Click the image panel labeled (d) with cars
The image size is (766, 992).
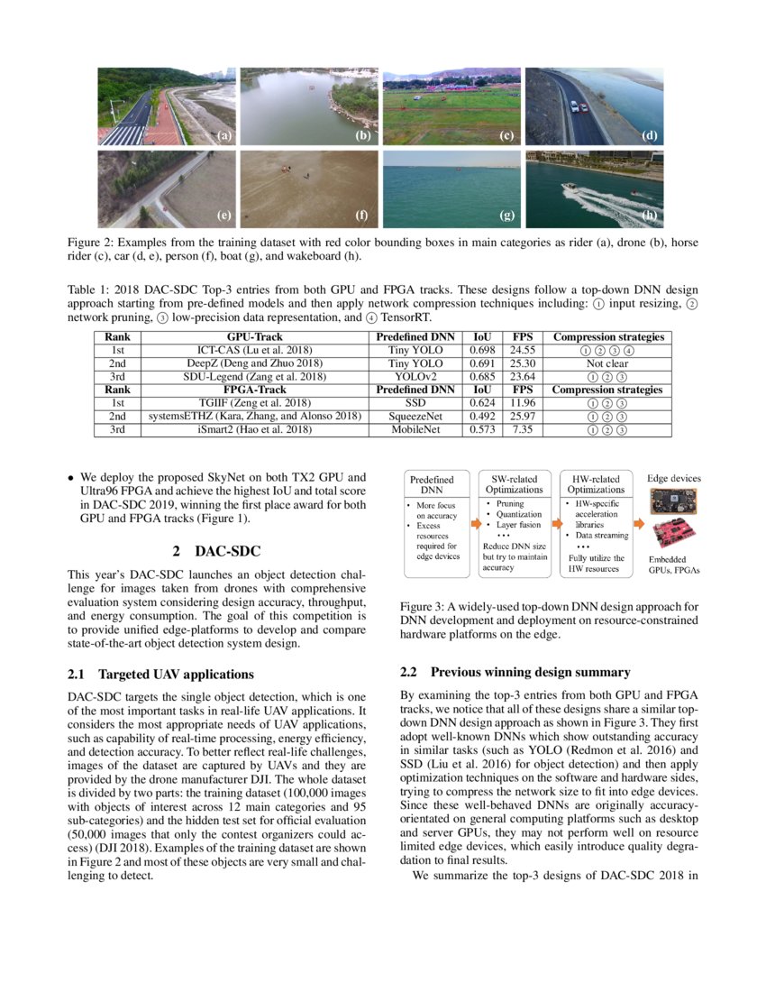pyautogui.click(x=595, y=106)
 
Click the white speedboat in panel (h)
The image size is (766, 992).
pyautogui.click(x=572, y=189)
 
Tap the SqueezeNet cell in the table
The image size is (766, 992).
pyautogui.click(x=415, y=418)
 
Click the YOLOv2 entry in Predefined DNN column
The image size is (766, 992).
pyautogui.click(x=415, y=377)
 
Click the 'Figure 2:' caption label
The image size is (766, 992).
pyautogui.click(x=90, y=243)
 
